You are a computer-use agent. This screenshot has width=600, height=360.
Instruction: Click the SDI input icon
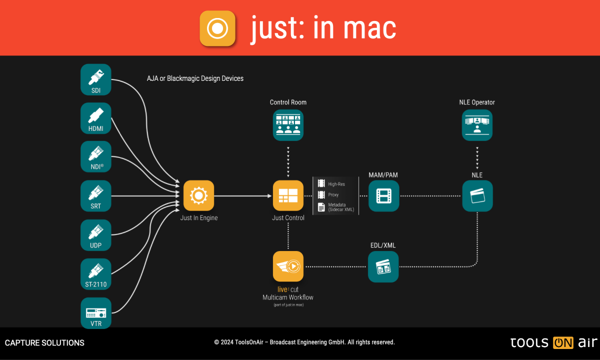96,79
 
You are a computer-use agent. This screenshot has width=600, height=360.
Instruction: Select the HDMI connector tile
96,118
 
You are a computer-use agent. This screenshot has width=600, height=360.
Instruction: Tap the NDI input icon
96,156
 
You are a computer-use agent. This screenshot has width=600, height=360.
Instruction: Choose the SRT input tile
96,195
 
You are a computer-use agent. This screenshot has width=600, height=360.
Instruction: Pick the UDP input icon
96,234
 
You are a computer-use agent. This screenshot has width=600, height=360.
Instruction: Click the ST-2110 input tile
96,273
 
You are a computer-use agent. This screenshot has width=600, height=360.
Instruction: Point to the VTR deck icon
96,312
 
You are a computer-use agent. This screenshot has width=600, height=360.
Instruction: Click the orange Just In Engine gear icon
198,195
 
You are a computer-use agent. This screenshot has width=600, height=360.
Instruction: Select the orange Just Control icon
288,195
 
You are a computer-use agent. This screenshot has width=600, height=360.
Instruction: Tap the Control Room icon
288,125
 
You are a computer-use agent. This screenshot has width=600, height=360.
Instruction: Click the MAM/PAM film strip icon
383,195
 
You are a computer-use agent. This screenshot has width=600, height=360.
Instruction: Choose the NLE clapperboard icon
477,195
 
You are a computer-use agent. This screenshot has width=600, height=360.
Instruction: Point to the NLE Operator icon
477,125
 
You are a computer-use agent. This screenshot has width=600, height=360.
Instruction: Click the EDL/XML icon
383,266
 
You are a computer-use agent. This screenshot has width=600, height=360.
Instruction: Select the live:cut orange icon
288,266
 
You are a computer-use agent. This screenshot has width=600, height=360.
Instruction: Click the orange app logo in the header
217,28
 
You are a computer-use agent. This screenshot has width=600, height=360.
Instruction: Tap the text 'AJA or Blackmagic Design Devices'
195,78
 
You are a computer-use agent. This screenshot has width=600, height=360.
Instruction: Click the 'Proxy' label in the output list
333,195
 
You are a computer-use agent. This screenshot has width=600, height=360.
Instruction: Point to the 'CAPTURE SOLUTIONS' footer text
44,343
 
